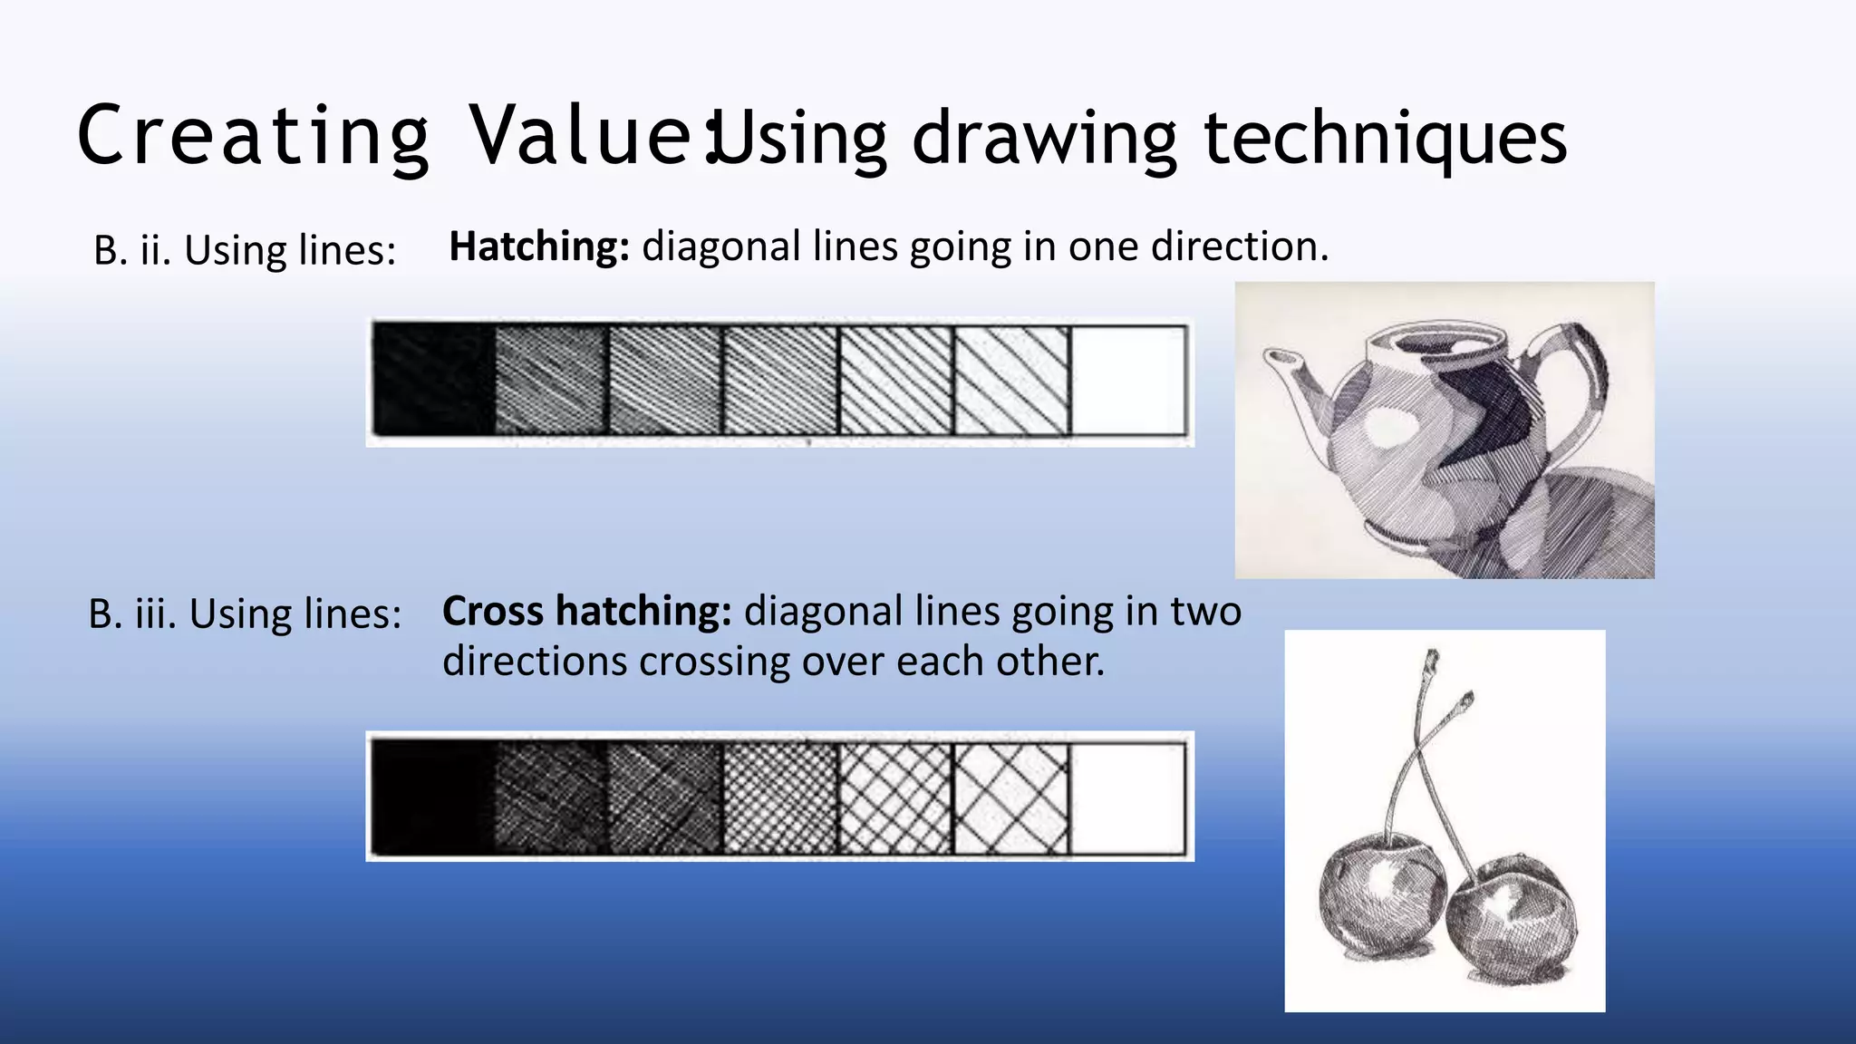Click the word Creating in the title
[253, 136]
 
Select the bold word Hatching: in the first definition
[539, 246]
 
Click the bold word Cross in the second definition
[493, 612]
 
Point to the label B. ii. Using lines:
[245, 250]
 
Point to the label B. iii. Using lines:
[245, 614]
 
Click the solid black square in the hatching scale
[434, 381]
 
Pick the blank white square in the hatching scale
[1128, 381]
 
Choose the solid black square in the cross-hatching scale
[432, 797]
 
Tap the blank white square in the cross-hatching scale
[1127, 797]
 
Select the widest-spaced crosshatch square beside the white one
[1011, 797]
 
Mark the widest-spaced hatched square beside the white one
[1012, 381]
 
